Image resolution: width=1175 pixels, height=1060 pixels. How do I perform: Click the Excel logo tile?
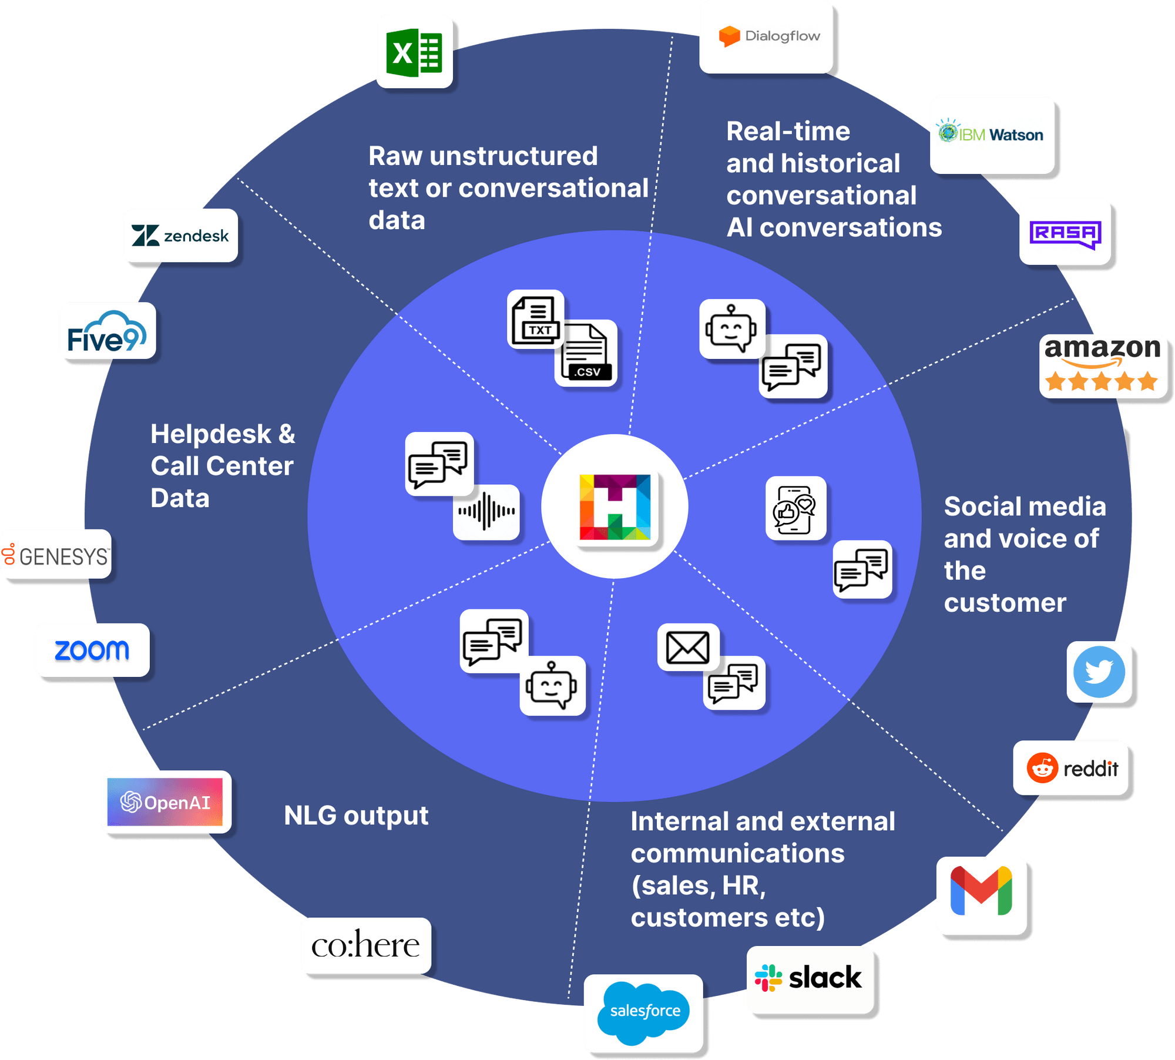pyautogui.click(x=414, y=52)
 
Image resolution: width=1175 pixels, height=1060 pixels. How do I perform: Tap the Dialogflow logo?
pyautogui.click(x=766, y=36)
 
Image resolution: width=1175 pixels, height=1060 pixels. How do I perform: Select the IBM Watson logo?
pyautogui.click(x=992, y=135)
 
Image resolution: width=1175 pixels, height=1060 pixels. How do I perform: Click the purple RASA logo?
pyautogui.click(x=1065, y=233)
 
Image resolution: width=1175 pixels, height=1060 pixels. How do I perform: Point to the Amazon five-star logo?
pyautogui.click(x=1102, y=365)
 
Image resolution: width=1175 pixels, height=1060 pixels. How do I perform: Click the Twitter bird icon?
pyautogui.click(x=1099, y=672)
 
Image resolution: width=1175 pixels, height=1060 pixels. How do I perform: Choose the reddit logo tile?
pyautogui.click(x=1072, y=768)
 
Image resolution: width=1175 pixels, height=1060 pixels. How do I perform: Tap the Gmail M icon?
pyautogui.click(x=981, y=893)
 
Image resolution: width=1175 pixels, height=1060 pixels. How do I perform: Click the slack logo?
pyautogui.click(x=810, y=979)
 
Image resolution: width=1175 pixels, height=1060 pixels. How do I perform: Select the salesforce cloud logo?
pyautogui.click(x=644, y=1012)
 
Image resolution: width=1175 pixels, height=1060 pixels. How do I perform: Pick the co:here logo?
pyautogui.click(x=365, y=945)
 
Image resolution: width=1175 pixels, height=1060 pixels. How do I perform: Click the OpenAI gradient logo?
pyautogui.click(x=166, y=802)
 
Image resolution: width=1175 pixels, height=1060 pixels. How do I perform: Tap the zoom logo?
pyautogui.click(x=92, y=650)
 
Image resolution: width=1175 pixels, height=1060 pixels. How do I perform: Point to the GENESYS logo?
pyautogui.click(x=56, y=555)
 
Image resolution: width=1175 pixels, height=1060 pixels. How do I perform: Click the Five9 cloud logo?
pyautogui.click(x=107, y=332)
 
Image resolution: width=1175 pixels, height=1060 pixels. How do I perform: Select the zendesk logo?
pyautogui.click(x=180, y=236)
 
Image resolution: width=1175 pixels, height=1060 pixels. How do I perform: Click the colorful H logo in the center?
pyautogui.click(x=615, y=507)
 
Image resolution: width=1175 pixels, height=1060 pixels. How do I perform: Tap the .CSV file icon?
pyautogui.click(x=586, y=354)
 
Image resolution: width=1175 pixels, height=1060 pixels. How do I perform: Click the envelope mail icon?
pyautogui.click(x=687, y=648)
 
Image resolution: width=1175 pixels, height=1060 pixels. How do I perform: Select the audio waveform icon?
pyautogui.click(x=486, y=512)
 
